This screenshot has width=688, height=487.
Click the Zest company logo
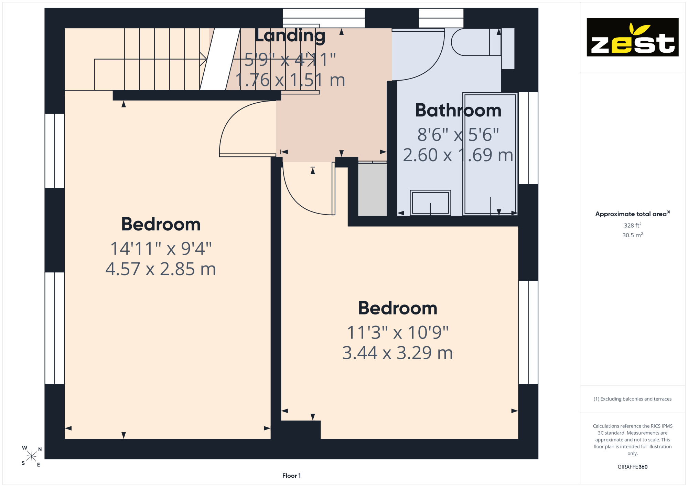pos(632,37)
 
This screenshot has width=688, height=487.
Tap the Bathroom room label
pos(458,110)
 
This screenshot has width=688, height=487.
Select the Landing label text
pos(290,36)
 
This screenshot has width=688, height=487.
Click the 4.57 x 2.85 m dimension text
pos(161,269)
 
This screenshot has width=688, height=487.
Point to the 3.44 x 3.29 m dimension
pos(397,353)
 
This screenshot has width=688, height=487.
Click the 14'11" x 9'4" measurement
pos(161,248)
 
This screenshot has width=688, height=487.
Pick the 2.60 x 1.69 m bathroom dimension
pos(458,155)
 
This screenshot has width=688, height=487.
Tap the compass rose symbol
pos(32,456)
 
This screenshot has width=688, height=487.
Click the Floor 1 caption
pos(291,476)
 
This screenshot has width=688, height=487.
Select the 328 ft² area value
pos(632,225)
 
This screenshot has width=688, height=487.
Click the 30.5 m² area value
pos(632,235)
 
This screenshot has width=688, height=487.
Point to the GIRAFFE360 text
pos(632,467)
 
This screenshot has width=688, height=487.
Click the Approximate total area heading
pos(632,214)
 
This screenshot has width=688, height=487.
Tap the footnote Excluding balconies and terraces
pos(632,399)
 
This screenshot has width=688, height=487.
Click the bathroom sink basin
pos(430,203)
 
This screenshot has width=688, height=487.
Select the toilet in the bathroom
pos(476,42)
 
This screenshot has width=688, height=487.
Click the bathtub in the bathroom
pos(490,154)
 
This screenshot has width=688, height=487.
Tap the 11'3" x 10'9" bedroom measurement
pos(397,332)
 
